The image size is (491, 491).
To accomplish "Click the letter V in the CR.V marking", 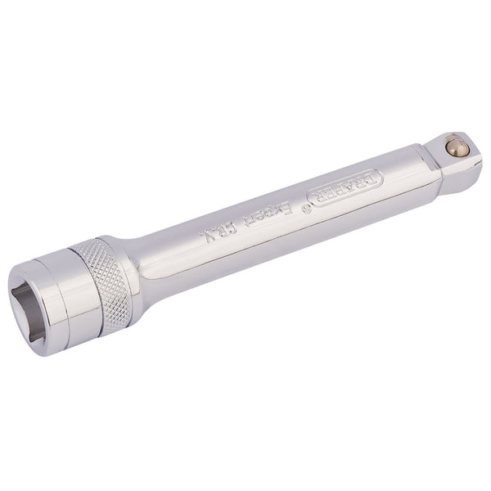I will (200, 241).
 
